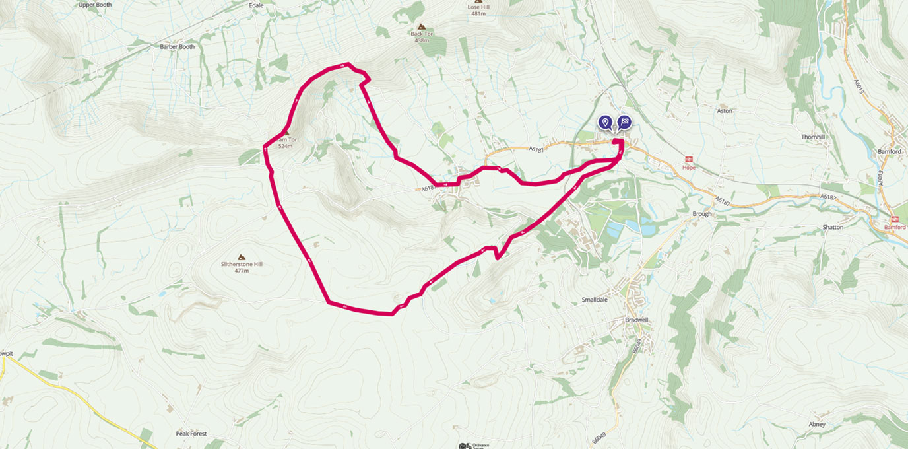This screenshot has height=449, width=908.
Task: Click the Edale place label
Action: pyautogui.click(x=256, y=5)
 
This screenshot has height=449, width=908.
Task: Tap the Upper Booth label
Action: pyautogui.click(x=95, y=5)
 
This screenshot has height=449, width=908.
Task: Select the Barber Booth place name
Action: pyautogui.click(x=177, y=47)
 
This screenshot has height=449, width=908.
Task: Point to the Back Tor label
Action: pyautogui.click(x=420, y=33)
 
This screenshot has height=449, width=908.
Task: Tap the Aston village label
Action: pyautogui.click(x=725, y=111)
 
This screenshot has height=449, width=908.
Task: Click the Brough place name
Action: pyautogui.click(x=701, y=214)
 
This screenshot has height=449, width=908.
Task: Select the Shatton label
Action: pyautogui.click(x=833, y=227)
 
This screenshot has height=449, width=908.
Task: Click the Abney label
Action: pyautogui.click(x=816, y=424)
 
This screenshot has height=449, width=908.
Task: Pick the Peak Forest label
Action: pyautogui.click(x=191, y=434)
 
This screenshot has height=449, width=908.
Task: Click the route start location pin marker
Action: pyautogui.click(x=604, y=122)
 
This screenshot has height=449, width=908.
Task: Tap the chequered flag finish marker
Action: pyautogui.click(x=624, y=122)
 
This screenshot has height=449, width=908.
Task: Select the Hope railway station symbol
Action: pyautogui.click(x=689, y=159)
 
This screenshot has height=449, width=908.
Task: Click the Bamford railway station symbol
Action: pyautogui.click(x=895, y=219)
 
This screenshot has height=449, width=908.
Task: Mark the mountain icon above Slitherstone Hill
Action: pyautogui.click(x=241, y=256)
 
